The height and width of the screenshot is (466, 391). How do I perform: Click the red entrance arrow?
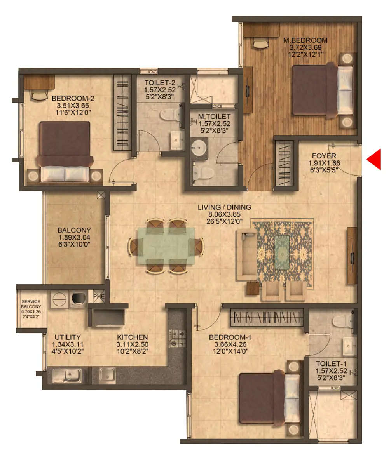click(374, 160)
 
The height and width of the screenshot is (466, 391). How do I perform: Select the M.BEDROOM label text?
click(305, 40)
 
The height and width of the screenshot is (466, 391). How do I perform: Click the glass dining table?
click(166, 246)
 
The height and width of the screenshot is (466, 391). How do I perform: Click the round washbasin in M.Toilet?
click(200, 147)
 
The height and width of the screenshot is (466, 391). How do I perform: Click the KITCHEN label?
click(132, 337)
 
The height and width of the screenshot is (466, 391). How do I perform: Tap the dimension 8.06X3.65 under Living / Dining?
click(223, 214)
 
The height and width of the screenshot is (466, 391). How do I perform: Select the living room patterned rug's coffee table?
click(282, 252)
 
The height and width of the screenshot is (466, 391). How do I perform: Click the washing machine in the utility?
click(79, 298)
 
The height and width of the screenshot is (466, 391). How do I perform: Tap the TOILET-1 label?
click(331, 364)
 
